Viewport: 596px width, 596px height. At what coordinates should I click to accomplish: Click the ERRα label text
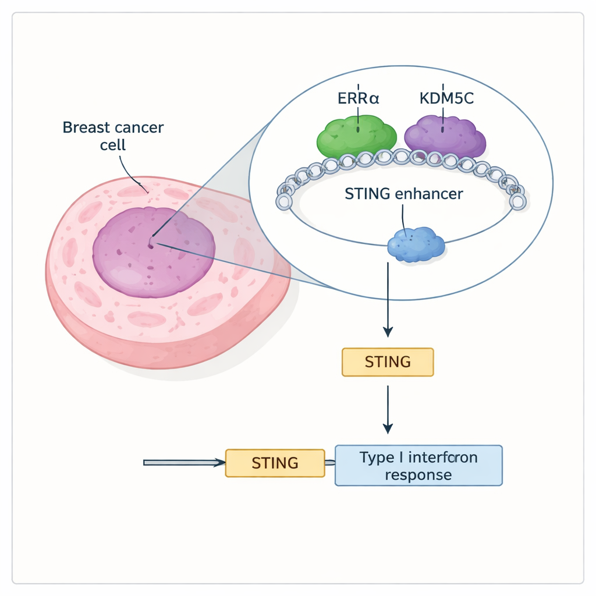(x=358, y=98)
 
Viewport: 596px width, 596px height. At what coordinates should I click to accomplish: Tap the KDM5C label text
(x=446, y=98)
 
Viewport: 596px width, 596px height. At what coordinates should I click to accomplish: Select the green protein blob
(x=356, y=137)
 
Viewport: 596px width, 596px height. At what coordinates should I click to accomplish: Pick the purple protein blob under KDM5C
(x=445, y=137)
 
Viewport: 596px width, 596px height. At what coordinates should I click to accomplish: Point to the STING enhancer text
(x=404, y=194)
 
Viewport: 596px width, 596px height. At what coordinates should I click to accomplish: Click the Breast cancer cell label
(x=113, y=135)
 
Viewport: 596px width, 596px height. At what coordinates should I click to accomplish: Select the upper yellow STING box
(x=387, y=362)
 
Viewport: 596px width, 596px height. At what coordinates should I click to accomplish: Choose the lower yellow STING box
(x=275, y=463)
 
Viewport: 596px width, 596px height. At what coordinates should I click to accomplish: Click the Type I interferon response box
(x=418, y=466)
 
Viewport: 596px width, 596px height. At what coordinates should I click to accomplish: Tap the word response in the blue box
(x=418, y=475)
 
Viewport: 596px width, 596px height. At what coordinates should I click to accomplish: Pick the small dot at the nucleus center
(x=151, y=245)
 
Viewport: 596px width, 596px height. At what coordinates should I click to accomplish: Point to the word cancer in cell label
(x=139, y=127)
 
